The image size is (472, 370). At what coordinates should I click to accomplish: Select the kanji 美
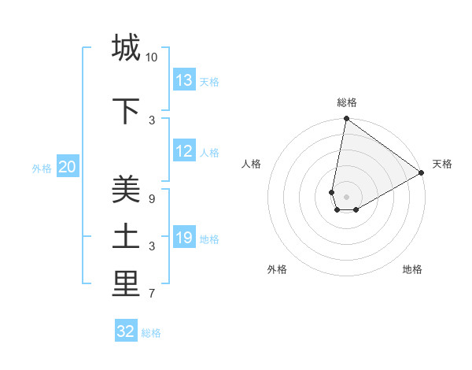126,190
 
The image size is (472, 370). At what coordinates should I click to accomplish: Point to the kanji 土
126,237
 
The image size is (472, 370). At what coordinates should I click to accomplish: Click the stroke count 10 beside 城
152,57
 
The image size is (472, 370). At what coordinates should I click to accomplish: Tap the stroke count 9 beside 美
152,199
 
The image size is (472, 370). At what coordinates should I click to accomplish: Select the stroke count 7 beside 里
152,294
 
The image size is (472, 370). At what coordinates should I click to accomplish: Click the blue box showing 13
184,80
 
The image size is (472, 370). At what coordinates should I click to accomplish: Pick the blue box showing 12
184,152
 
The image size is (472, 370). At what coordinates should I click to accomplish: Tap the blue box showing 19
184,238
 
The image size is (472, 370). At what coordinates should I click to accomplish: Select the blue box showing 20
68,167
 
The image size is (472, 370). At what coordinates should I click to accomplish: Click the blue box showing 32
126,331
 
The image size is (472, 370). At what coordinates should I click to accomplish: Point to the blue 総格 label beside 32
151,333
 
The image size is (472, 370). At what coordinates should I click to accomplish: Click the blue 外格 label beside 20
42,168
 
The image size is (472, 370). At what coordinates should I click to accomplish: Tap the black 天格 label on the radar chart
442,164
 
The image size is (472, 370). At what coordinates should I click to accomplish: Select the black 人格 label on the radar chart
252,164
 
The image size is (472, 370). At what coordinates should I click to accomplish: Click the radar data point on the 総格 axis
346,119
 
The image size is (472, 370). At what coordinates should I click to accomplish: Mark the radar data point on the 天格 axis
422,173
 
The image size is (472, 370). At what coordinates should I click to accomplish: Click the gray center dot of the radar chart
346,197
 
